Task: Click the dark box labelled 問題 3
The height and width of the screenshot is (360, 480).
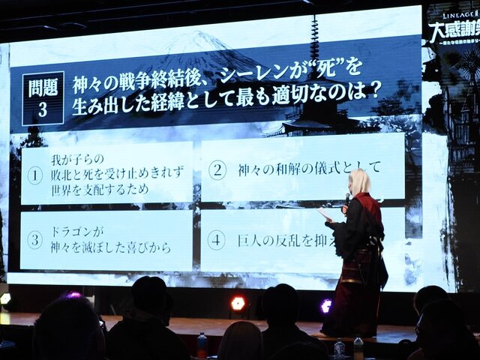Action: point(43,98)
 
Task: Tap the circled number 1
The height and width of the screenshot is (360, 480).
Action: point(34,175)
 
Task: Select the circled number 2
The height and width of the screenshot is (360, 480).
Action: point(217,169)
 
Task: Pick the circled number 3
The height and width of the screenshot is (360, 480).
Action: point(34,240)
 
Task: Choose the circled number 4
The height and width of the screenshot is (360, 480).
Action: point(216,240)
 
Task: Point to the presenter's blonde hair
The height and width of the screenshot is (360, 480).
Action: point(359,182)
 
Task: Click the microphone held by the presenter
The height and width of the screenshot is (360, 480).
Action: point(346,199)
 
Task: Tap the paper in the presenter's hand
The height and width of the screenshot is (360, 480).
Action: point(325,215)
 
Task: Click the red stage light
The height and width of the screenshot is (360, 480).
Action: point(238,303)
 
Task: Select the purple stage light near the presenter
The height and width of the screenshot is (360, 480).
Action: point(325,305)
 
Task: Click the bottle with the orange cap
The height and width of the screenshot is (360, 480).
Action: point(202,344)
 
